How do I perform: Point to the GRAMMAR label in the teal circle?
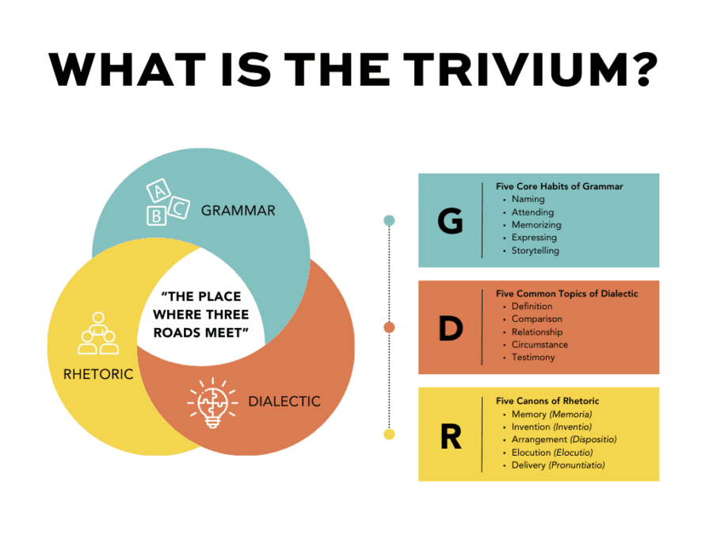point(238,210)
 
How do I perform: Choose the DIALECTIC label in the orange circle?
point(284,401)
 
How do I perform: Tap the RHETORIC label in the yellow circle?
point(98,373)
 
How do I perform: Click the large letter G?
point(450,222)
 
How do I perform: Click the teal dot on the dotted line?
point(389,220)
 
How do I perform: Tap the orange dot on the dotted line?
point(389,327)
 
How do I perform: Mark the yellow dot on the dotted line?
point(389,434)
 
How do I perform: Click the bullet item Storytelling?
point(536,250)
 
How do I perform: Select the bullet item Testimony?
point(533,357)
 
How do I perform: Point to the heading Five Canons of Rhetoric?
point(547,401)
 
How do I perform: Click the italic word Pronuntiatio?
point(578,465)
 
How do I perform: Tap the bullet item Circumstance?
point(540,345)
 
